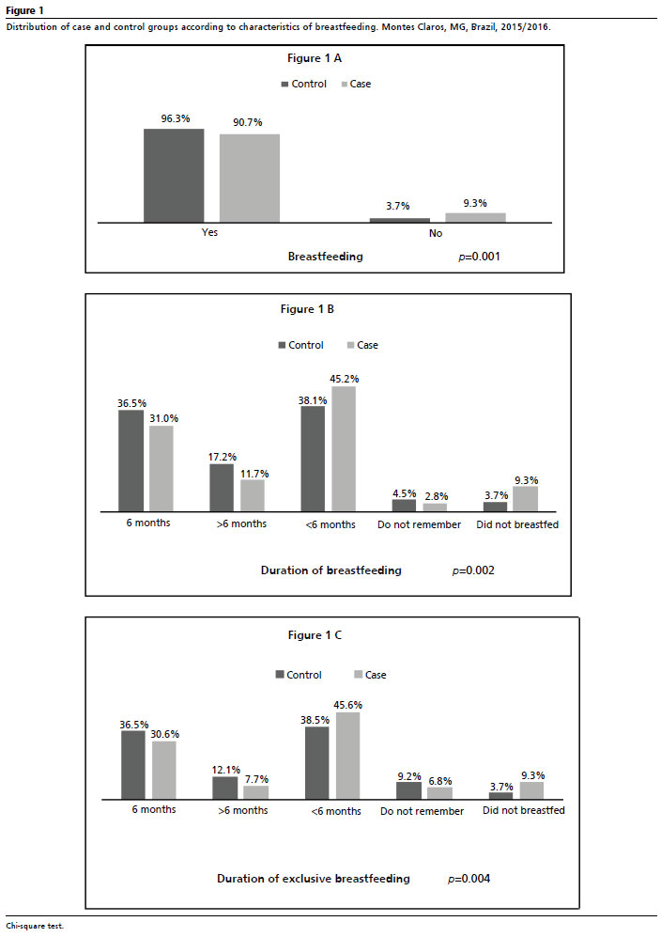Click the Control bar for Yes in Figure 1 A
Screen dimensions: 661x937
pyautogui.click(x=174, y=176)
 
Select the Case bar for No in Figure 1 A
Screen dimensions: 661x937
pyautogui.click(x=475, y=217)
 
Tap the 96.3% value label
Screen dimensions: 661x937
pyautogui.click(x=176, y=119)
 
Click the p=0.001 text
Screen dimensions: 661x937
pyautogui.click(x=480, y=257)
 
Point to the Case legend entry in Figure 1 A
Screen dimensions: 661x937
pyautogui.click(x=356, y=85)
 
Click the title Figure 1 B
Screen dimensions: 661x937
pyautogui.click(x=307, y=309)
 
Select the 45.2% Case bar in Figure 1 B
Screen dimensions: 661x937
pyautogui.click(x=344, y=449)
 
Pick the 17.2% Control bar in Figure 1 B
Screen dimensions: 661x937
pyautogui.click(x=222, y=488)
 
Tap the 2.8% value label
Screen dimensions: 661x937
pyautogui.click(x=437, y=496)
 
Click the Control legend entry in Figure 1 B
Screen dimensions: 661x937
pyautogui.click(x=301, y=346)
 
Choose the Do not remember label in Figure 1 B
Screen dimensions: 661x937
pyautogui.click(x=419, y=524)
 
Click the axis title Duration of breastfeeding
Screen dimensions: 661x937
pyautogui.click(x=331, y=570)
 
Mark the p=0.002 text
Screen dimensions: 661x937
pyautogui.click(x=473, y=570)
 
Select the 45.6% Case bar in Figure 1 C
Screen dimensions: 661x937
pyautogui.click(x=348, y=756)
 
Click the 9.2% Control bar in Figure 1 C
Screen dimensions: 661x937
pyautogui.click(x=409, y=790)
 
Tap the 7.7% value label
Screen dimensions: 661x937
pyautogui.click(x=256, y=779)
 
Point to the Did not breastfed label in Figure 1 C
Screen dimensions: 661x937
pyautogui.click(x=524, y=810)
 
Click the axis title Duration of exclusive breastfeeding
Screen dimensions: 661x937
pyautogui.click(x=314, y=879)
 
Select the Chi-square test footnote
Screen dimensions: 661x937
pyautogui.click(x=35, y=927)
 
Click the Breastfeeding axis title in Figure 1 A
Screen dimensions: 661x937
pyautogui.click(x=326, y=257)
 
